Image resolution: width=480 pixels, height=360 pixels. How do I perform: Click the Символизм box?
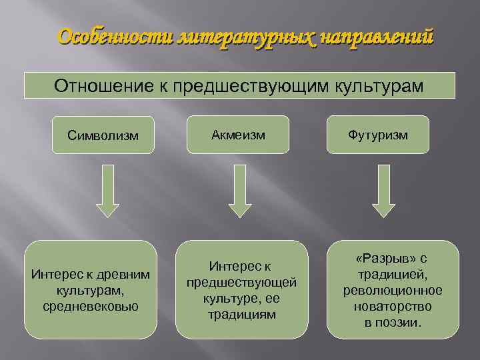coord(103,135)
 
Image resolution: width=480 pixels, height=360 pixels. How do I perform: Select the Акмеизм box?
coord(238,135)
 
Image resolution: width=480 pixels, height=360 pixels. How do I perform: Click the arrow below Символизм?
coord(107,191)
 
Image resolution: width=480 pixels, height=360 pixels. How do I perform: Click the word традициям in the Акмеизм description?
coord(241,313)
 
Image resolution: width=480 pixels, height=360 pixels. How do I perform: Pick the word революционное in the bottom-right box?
coord(393,291)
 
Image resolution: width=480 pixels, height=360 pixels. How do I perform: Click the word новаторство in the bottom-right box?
coord(393,307)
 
